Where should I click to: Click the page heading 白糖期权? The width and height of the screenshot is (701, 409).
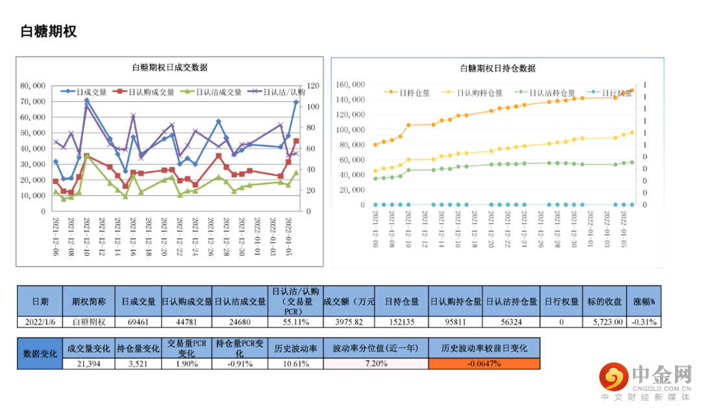tap(49, 31)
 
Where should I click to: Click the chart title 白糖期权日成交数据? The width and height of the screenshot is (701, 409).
tap(169, 68)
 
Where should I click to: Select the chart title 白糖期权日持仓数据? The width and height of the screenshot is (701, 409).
tap(497, 68)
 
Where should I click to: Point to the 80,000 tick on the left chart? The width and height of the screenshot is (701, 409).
tap(33, 86)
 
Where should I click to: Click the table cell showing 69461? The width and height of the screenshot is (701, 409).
tap(138, 321)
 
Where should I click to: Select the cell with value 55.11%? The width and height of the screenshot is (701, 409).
tap(295, 321)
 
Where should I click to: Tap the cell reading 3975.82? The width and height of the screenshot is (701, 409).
tap(349, 321)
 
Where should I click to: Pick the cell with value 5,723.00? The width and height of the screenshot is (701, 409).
tap(608, 321)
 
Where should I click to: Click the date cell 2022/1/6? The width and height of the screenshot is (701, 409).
tap(40, 321)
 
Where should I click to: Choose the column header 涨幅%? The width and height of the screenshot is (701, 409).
tap(644, 301)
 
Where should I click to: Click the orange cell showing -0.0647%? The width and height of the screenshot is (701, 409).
tap(484, 364)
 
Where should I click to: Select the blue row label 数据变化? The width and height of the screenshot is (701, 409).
tap(40, 353)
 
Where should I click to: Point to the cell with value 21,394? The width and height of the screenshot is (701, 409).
tap(88, 364)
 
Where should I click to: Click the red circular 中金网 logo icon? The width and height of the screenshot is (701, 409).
tap(613, 376)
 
